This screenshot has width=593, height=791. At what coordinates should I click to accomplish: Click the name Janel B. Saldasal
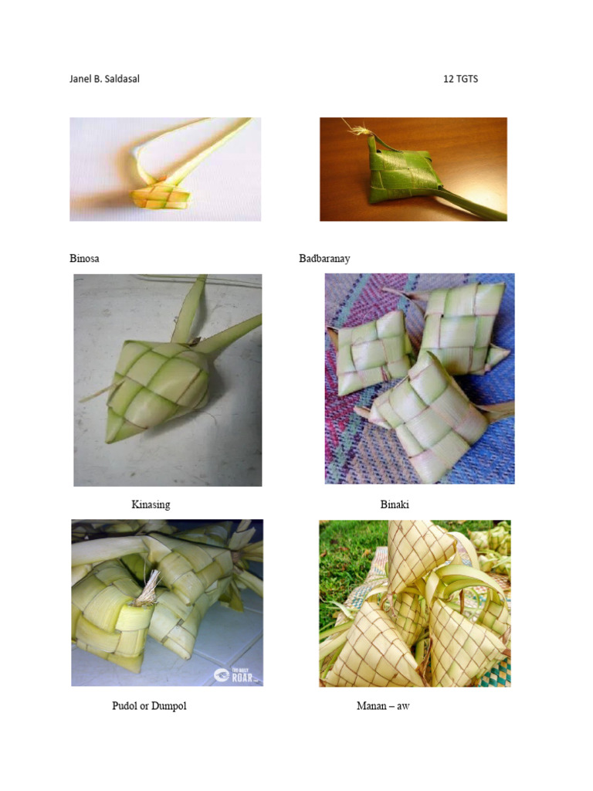pyautogui.click(x=104, y=79)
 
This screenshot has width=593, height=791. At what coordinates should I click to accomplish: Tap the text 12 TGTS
pyautogui.click(x=460, y=79)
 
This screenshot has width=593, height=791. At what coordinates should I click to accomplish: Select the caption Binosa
pyautogui.click(x=84, y=259)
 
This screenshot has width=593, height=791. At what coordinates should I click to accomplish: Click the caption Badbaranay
pyautogui.click(x=324, y=259)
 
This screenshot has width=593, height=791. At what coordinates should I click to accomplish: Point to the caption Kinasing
pyautogui.click(x=151, y=505)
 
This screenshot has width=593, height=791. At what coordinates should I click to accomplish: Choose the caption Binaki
pyautogui.click(x=395, y=505)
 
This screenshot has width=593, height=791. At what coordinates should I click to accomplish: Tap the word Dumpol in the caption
pyautogui.click(x=169, y=706)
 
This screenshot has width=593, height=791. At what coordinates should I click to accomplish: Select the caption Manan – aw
pyautogui.click(x=383, y=706)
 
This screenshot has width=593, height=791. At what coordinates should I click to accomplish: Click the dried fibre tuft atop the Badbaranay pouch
pyautogui.click(x=360, y=131)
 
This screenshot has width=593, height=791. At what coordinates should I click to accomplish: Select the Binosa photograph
pyautogui.click(x=165, y=169)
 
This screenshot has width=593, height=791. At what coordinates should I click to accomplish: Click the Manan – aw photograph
pyautogui.click(x=415, y=603)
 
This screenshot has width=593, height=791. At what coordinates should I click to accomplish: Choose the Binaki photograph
pyautogui.click(x=419, y=379)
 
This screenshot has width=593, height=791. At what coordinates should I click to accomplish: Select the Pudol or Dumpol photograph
pyautogui.click(x=167, y=603)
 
